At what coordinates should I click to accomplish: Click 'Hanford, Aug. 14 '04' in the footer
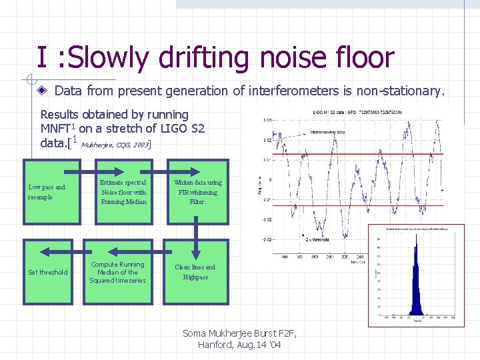pyautogui.click(x=239, y=345)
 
